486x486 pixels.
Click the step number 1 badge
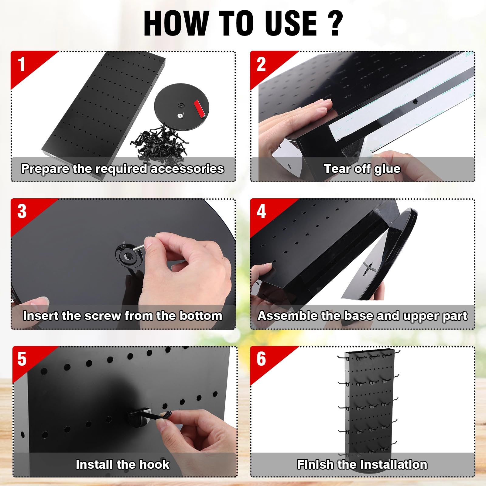coord(21,64)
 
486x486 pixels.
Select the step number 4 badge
coord(261,211)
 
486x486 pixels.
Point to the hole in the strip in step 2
coord(415,101)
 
